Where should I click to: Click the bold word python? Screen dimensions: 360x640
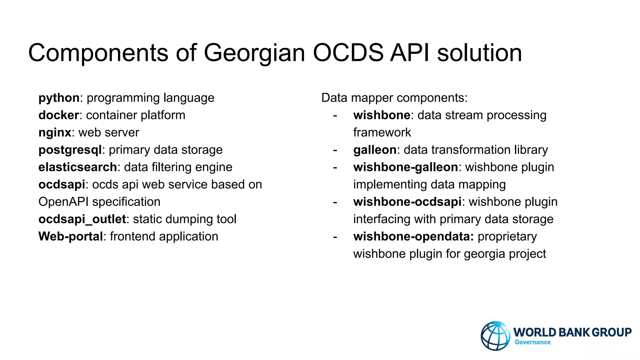[59, 98]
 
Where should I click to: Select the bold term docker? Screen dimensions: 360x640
[58, 115]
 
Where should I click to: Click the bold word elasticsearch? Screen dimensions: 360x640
[77, 167]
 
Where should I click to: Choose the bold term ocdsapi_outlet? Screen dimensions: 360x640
[82, 219]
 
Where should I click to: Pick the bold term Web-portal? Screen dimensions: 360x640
[71, 237]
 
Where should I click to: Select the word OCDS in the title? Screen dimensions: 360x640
[348, 52]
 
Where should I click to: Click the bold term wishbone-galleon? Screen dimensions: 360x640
[406, 167]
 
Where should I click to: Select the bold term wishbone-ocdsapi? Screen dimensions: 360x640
[407, 202]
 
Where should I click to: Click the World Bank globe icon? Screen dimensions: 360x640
[495, 336]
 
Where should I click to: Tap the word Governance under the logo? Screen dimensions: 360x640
[532, 342]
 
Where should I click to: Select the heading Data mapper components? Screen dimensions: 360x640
[394, 98]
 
